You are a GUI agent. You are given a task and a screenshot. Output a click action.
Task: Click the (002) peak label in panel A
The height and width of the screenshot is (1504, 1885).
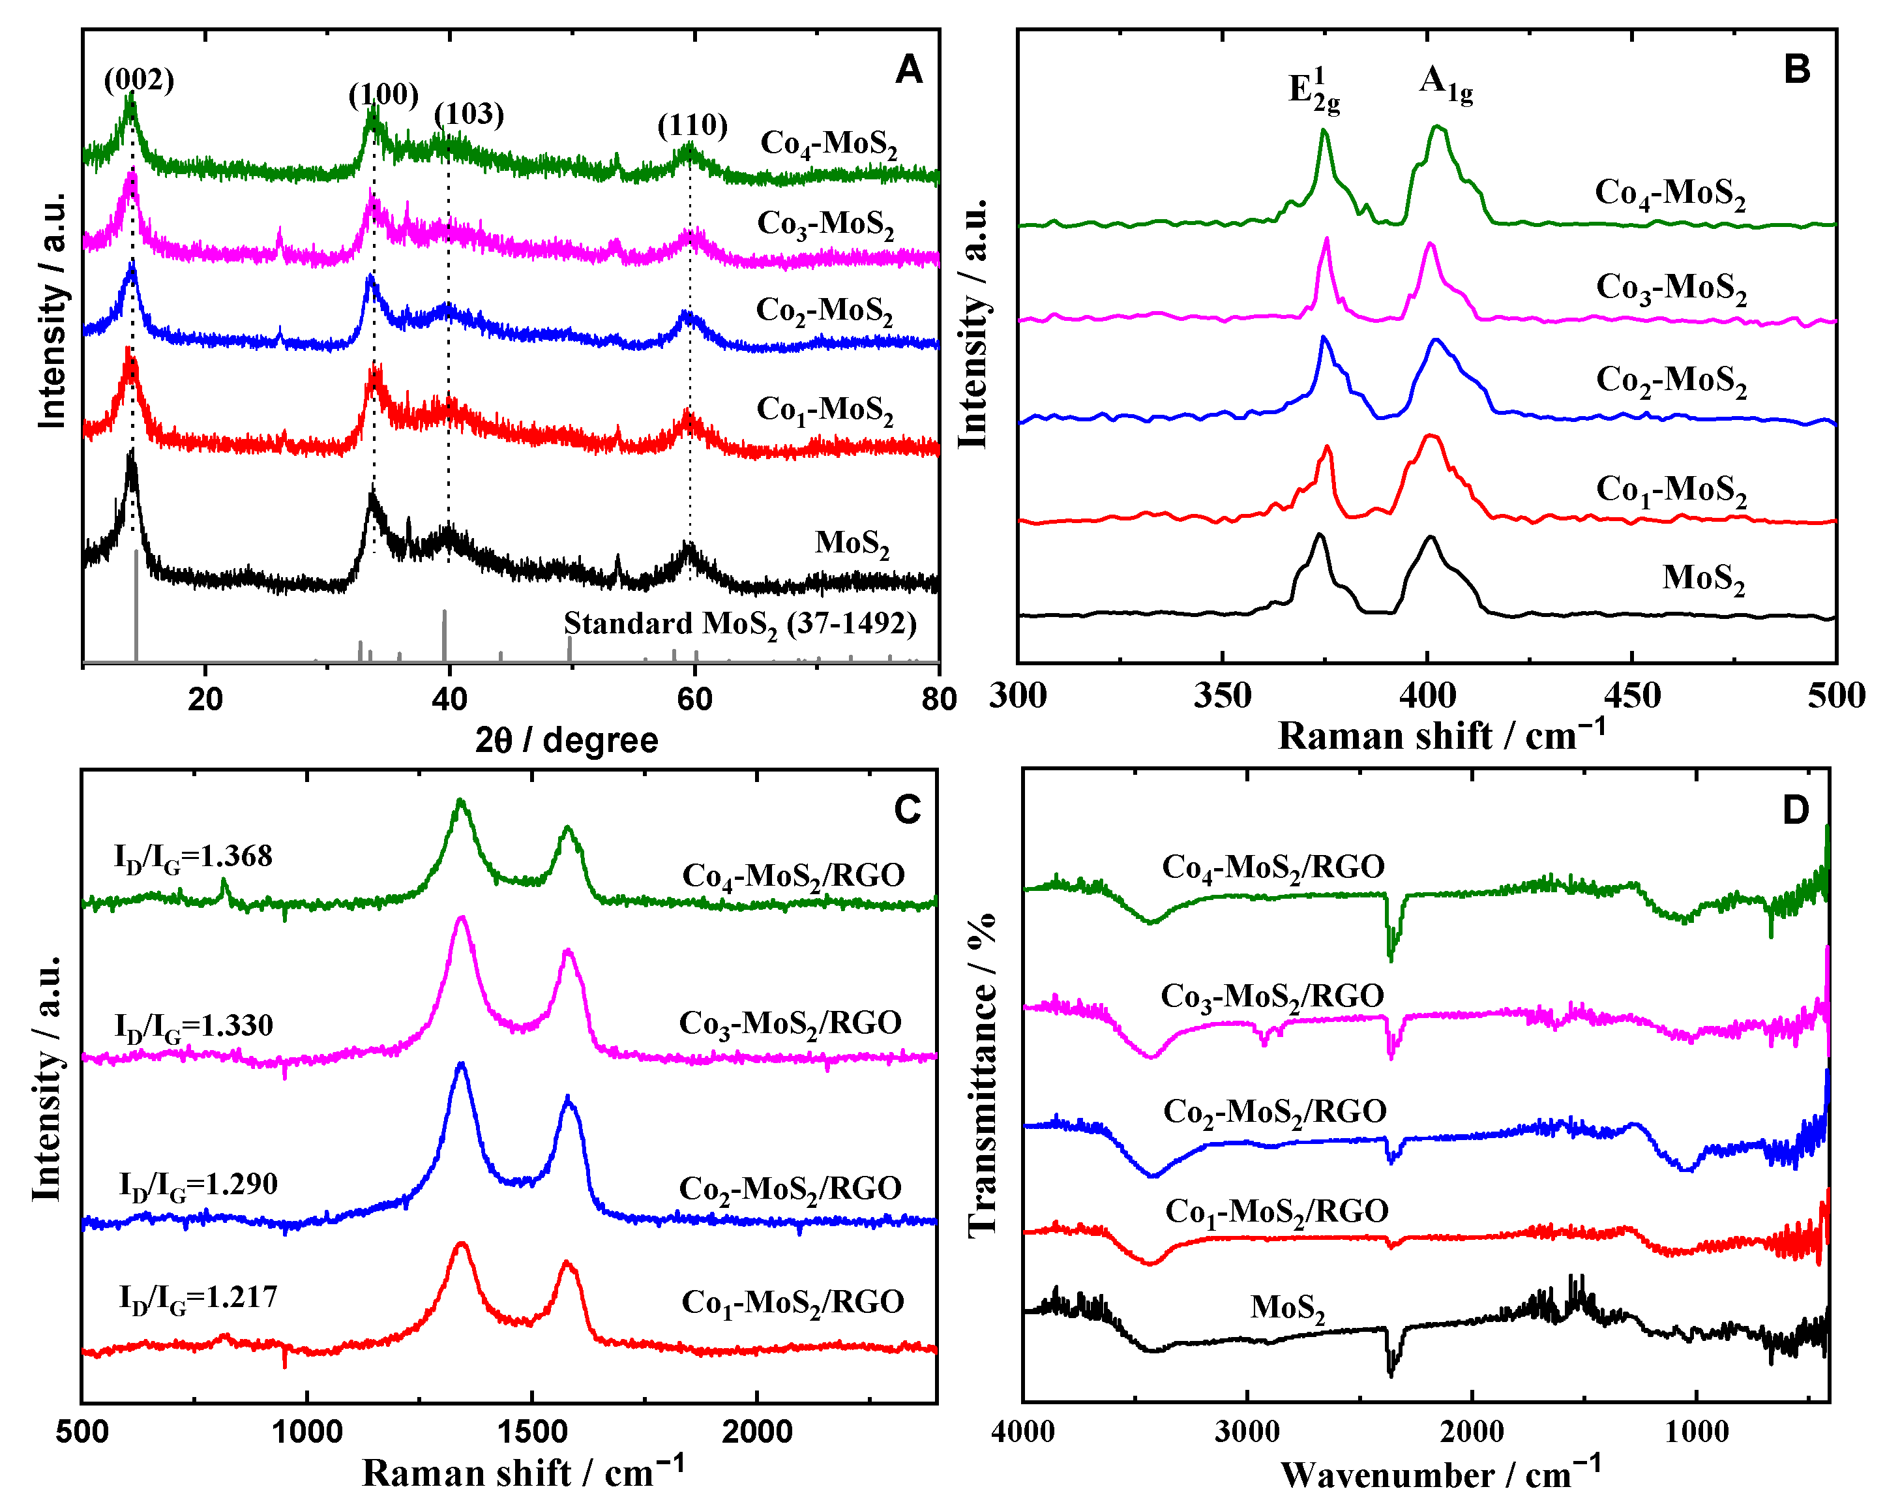pos(139,80)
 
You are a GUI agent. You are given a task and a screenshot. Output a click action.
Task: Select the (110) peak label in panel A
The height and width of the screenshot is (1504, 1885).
pos(692,126)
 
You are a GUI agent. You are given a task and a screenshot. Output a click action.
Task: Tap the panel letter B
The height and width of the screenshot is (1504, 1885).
pos(1797,69)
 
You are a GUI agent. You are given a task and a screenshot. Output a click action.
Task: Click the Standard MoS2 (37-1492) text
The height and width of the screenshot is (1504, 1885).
pos(739,624)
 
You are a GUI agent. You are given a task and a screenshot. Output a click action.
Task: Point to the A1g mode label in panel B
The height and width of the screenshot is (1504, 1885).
pos(1446,84)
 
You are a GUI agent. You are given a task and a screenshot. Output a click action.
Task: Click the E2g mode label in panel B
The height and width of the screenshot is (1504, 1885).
pos(1313,90)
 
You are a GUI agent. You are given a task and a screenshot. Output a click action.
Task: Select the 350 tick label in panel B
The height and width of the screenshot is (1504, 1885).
pos(1223,696)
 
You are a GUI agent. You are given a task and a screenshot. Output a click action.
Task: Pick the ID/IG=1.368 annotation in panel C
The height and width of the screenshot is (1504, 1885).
pos(193,857)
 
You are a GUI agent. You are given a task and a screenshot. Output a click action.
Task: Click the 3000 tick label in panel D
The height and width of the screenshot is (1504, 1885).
pos(1247,1432)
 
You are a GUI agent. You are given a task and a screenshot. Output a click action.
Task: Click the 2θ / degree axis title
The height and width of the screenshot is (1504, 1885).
pos(567,741)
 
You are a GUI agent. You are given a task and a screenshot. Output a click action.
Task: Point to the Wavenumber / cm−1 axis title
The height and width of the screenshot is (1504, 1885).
pos(1441,1474)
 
